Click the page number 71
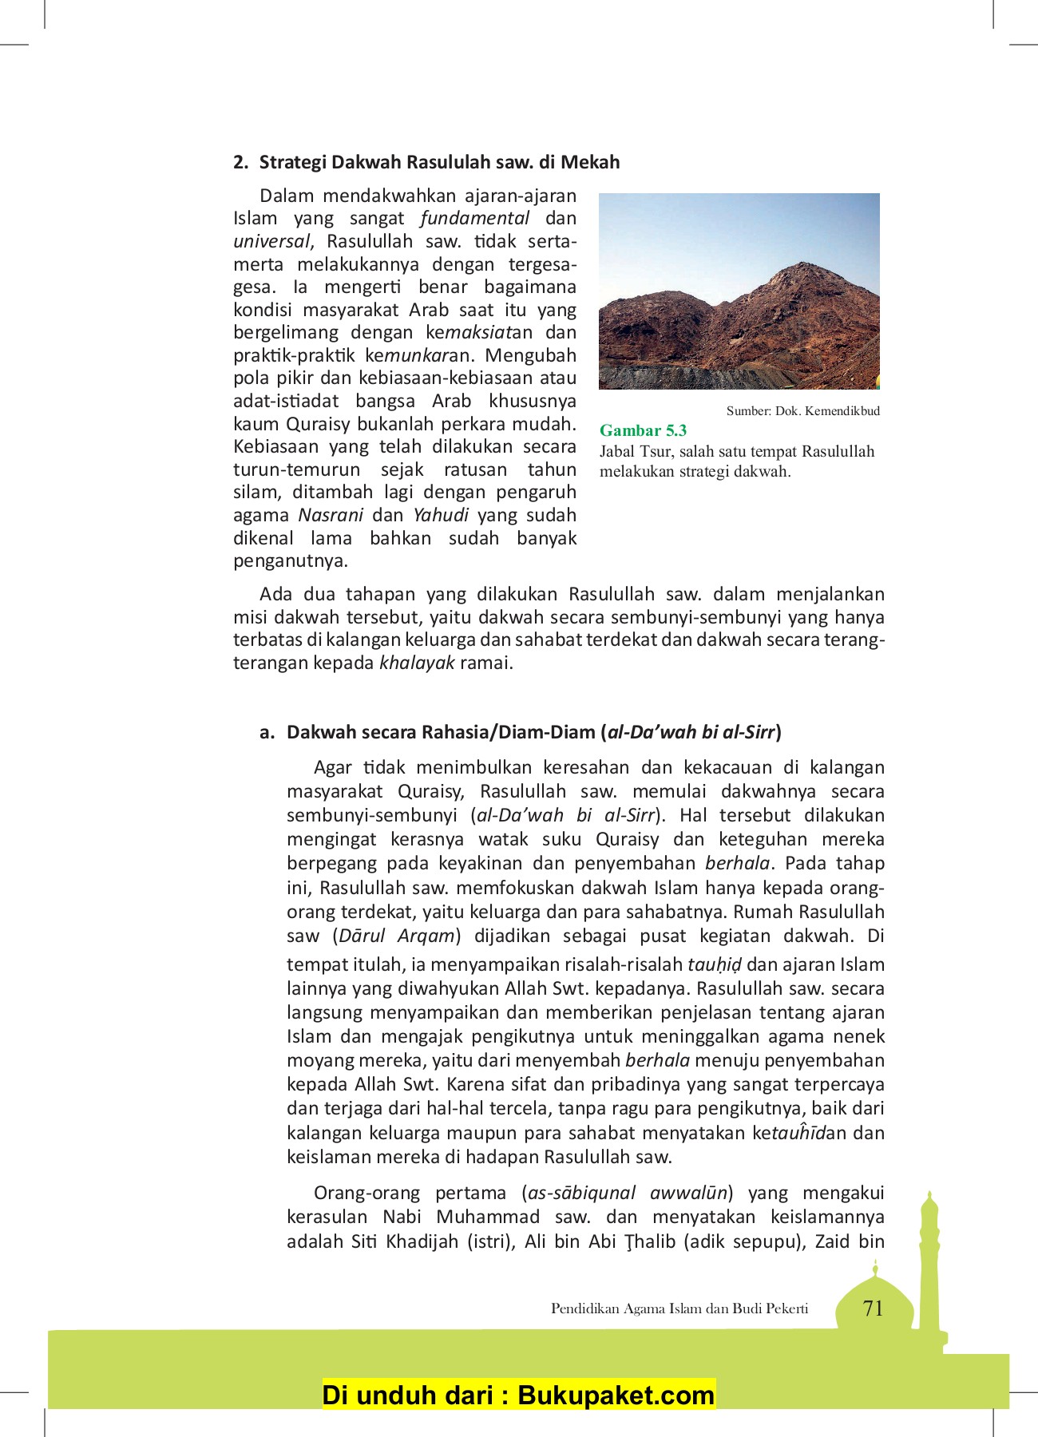[x=873, y=1308]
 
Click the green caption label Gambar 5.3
[x=643, y=430]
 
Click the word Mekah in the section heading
[x=590, y=162]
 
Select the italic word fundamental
[x=474, y=218]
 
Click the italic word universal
[x=271, y=241]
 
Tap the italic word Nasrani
[x=331, y=515]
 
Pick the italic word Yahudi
[x=441, y=515]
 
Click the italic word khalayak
[x=417, y=663]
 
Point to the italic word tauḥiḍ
[x=714, y=964]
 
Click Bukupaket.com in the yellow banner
[x=616, y=1395]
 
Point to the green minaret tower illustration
[x=929, y=1269]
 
